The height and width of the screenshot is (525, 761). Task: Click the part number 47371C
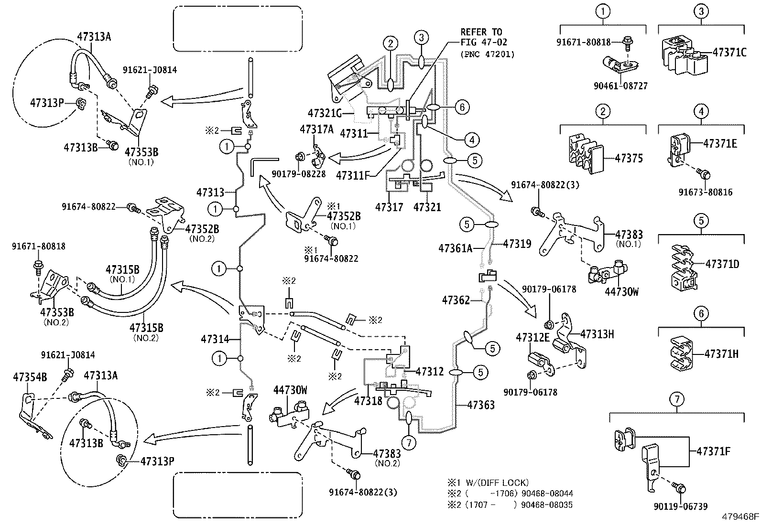[x=729, y=53]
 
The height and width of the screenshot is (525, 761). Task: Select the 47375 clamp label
[x=629, y=158]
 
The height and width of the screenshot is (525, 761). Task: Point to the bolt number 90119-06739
[x=681, y=506]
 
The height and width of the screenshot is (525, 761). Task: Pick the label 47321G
[x=324, y=114]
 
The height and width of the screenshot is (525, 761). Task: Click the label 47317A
[x=316, y=129]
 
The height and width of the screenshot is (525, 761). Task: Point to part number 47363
[x=480, y=405]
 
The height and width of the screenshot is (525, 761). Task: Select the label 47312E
[x=533, y=338]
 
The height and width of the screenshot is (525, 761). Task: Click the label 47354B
[x=30, y=377]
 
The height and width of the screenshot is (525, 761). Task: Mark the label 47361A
[x=455, y=248]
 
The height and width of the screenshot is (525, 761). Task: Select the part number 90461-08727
[x=620, y=86]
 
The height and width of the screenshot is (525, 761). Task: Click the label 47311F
[x=352, y=175]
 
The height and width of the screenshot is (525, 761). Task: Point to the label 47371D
[x=722, y=264]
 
